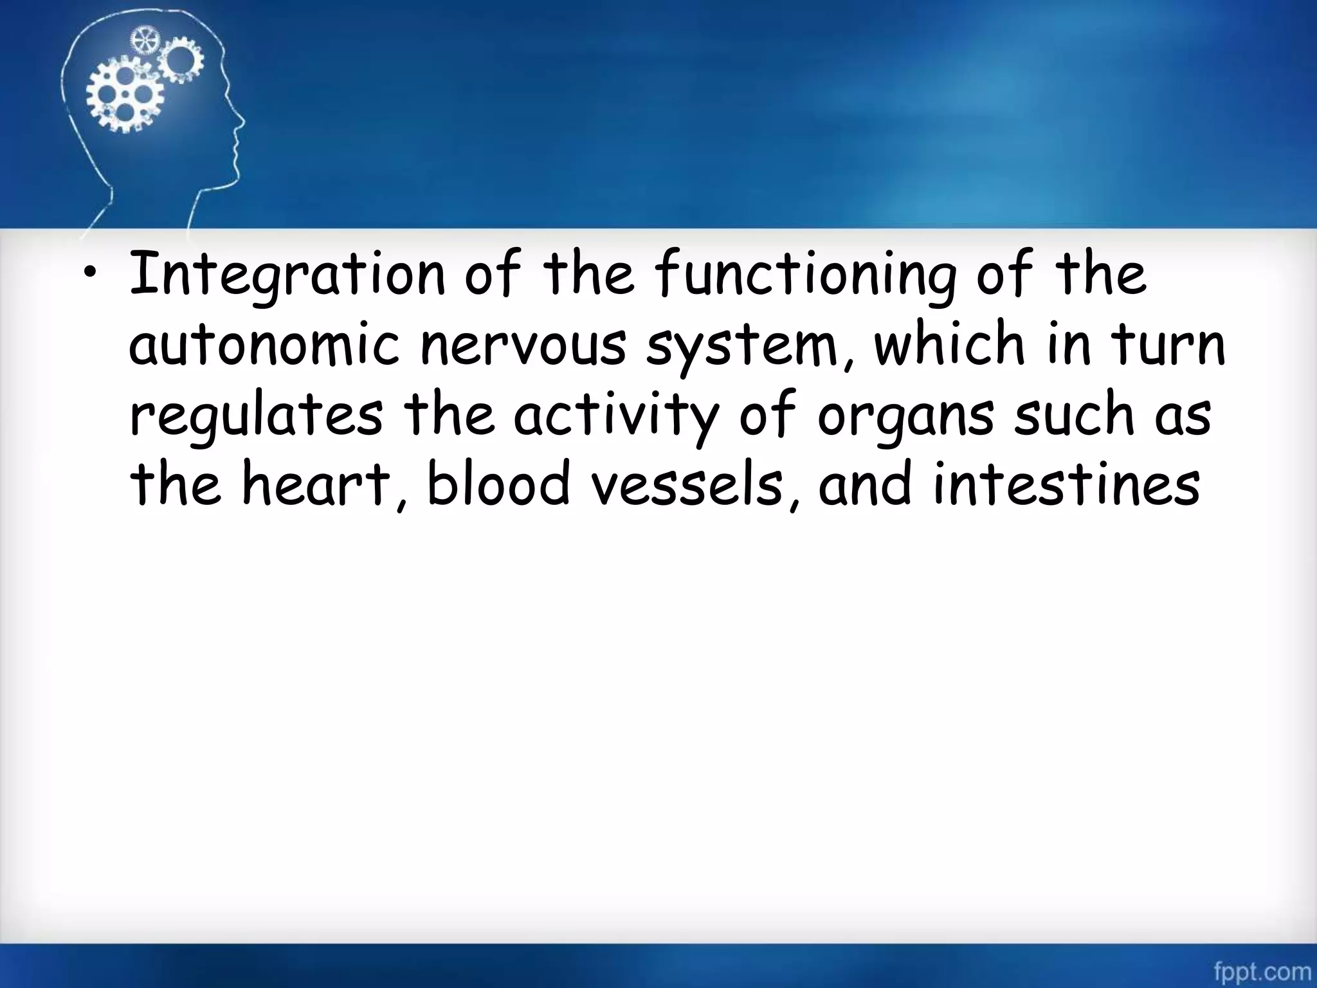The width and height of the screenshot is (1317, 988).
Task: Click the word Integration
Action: tap(287, 275)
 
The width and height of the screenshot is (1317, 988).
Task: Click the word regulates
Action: tap(256, 416)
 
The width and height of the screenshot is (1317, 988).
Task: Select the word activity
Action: tap(615, 416)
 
